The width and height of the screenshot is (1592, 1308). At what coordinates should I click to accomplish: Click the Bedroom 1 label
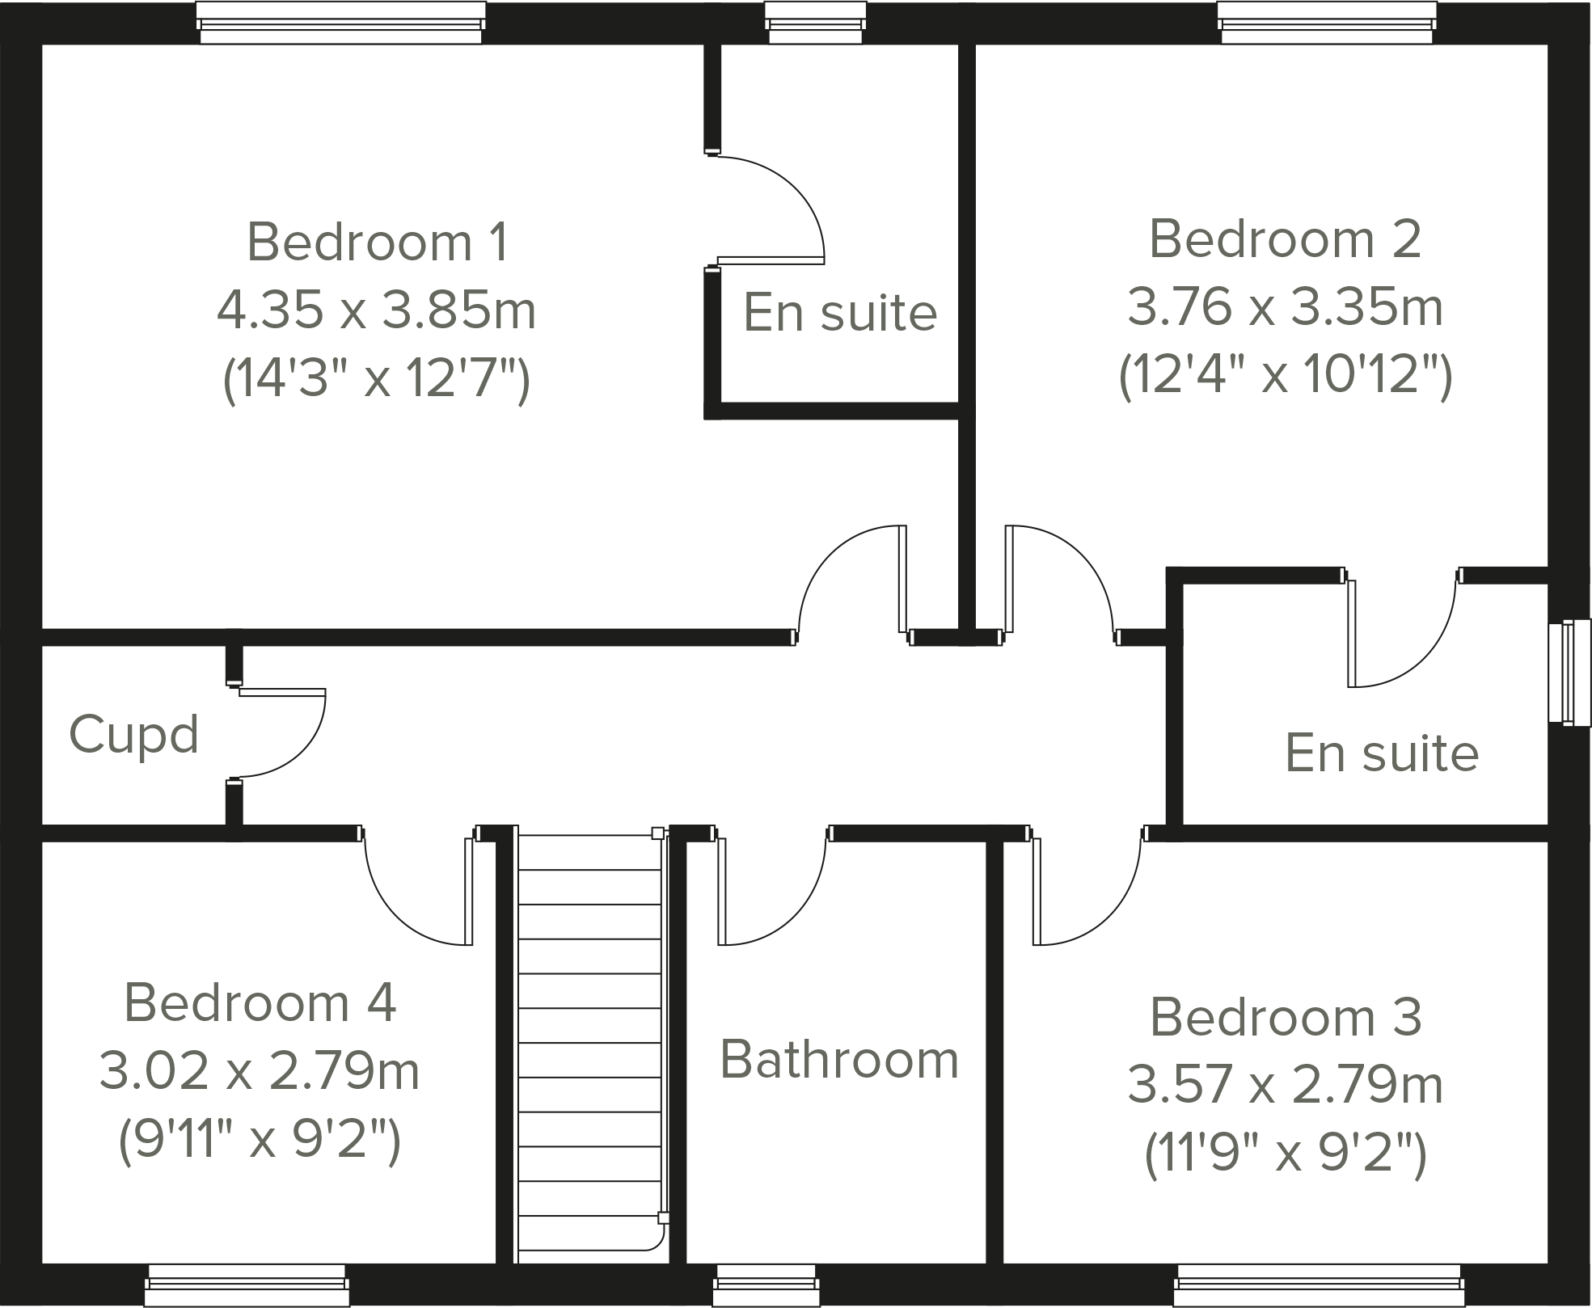click(378, 242)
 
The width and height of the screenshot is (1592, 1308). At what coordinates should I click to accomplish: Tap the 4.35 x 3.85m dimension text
click(376, 310)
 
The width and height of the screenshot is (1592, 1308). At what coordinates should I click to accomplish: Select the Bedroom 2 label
click(1284, 239)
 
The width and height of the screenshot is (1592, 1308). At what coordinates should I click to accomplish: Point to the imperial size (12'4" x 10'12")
click(1285, 375)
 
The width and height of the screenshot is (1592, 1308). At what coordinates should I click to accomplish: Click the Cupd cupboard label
click(134, 735)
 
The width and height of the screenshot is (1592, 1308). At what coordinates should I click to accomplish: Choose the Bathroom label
click(838, 1060)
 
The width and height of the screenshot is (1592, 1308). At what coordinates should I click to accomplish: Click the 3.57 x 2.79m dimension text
click(1285, 1085)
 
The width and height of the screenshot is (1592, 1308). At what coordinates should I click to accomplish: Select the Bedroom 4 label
click(260, 1002)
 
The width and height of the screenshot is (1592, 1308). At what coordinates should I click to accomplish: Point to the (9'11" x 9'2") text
click(260, 1140)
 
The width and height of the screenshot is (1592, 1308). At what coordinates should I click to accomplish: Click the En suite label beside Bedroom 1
click(839, 313)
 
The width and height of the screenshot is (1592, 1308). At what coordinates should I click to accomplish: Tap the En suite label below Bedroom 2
click(1381, 753)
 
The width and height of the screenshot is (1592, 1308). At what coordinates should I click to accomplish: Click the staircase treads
click(589, 1043)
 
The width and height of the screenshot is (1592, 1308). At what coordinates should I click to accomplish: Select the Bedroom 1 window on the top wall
click(341, 22)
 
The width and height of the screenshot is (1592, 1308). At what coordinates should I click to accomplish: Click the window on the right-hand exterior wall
click(1569, 672)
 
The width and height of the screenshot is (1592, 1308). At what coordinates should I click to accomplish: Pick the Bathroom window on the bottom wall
click(766, 1285)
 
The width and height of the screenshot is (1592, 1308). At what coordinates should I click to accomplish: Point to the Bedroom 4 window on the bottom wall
click(247, 1285)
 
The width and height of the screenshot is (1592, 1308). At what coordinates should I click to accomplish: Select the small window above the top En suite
click(814, 22)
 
